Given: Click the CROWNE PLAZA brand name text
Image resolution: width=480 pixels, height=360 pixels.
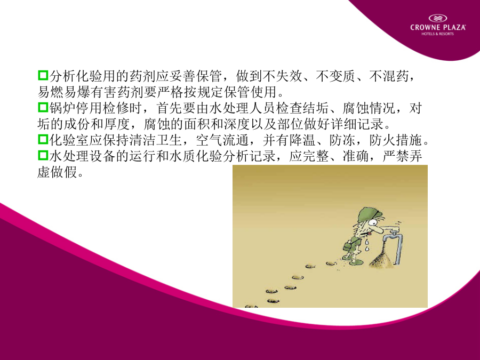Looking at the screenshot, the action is (x=438, y=28).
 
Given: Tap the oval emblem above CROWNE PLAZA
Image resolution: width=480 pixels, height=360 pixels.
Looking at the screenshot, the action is (x=438, y=18).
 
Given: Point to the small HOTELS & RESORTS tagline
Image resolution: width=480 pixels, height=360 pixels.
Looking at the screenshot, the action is (x=438, y=34).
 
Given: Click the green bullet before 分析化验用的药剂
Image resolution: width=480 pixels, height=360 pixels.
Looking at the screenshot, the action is (x=43, y=75).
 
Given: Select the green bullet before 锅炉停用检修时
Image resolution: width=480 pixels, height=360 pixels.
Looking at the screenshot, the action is (x=43, y=107).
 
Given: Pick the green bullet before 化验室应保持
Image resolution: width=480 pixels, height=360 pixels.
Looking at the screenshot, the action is (x=43, y=139).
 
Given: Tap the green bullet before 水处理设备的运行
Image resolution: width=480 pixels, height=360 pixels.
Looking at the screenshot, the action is (x=43, y=155).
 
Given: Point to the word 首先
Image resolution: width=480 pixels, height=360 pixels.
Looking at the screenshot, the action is (x=170, y=108).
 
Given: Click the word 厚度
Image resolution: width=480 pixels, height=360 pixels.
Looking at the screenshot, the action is (x=117, y=124).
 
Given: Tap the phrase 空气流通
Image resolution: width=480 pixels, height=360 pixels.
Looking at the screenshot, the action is (x=222, y=140).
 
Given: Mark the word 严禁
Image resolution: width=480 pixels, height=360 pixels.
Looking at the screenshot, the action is (x=396, y=156).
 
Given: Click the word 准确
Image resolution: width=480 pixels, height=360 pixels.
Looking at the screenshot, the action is (x=356, y=156).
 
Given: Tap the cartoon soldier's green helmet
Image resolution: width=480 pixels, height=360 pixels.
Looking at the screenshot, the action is (x=370, y=213).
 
